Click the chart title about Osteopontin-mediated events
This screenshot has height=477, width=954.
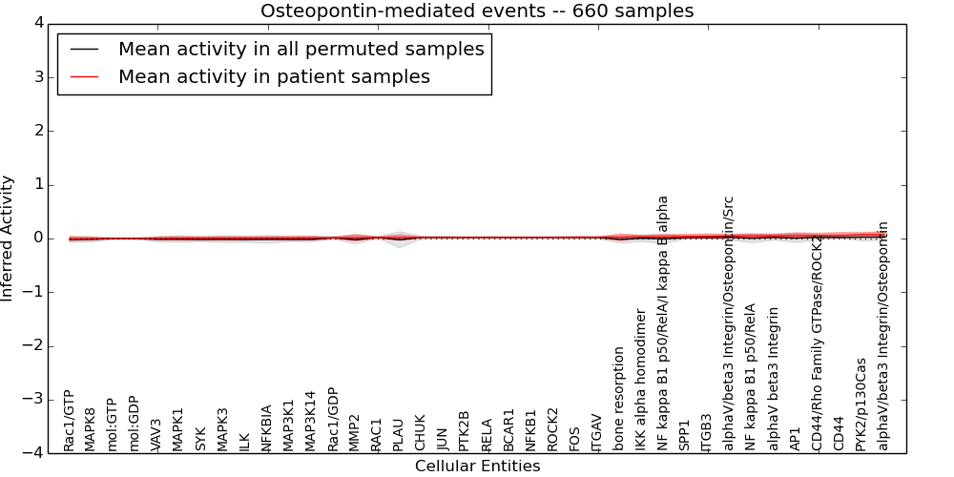pos(477,11)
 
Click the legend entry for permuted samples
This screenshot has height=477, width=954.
pos(301,49)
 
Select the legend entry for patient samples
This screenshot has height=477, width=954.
pos(274,76)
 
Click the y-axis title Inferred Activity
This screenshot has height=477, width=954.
pos(9,238)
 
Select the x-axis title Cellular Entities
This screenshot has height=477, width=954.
pos(477,467)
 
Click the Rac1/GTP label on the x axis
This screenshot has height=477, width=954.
pos(70,421)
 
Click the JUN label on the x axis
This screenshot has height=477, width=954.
pos(443,439)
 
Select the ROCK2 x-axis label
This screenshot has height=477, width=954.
pos(553,429)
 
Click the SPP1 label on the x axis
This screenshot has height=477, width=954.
pos(685,435)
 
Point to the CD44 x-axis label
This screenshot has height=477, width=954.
pos(840,433)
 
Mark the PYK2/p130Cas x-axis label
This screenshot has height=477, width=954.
pos(861,404)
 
